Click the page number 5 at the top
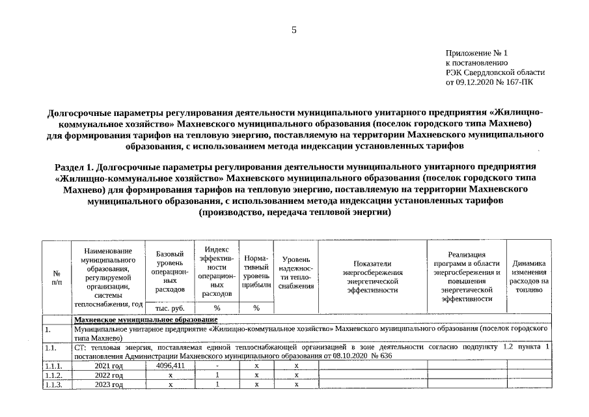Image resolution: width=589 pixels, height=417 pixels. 294,30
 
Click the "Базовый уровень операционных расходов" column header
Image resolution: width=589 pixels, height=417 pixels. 171,271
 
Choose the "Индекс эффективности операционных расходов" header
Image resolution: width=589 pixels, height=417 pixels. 217,271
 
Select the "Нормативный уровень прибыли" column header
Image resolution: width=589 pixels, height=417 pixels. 256,272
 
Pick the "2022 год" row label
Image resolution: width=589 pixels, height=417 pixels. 108,375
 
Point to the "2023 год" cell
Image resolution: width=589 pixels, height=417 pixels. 108,384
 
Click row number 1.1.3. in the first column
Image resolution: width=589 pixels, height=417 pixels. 54,384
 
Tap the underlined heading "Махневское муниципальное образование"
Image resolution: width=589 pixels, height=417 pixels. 145,319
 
